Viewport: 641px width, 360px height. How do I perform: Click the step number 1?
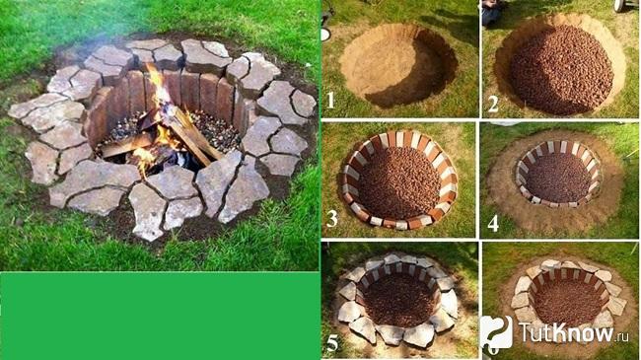coord(330,100)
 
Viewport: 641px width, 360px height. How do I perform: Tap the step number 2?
coord(493,104)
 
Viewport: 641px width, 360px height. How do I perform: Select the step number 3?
coord(331,219)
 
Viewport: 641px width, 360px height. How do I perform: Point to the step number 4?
coord(493,223)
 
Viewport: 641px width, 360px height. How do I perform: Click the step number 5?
coord(332,343)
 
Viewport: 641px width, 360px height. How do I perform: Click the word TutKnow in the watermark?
coord(566,332)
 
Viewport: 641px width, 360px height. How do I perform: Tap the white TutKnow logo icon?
coord(496,332)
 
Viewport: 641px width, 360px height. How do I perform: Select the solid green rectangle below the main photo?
coord(160,316)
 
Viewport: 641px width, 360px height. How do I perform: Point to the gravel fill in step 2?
coord(561,70)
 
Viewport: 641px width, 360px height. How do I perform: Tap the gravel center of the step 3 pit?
coord(398,182)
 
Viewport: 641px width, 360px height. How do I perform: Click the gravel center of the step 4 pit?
coord(558,177)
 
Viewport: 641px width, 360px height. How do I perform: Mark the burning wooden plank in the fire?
coord(192,135)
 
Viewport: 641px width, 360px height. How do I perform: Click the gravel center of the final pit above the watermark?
coord(569,302)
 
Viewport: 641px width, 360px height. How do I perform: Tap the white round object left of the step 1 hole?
coord(325,35)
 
